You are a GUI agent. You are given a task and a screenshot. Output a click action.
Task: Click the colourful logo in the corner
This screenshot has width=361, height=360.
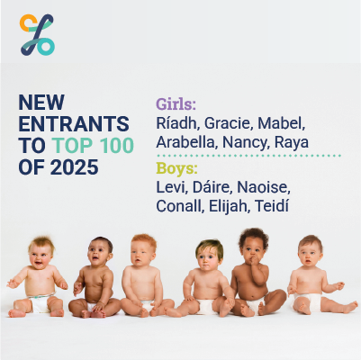(37, 34)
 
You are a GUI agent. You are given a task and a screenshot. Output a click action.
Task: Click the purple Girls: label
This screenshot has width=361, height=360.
(176, 102)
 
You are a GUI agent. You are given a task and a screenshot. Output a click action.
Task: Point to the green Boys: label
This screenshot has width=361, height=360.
(176, 167)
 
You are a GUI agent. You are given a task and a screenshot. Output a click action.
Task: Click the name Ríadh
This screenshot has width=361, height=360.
(176, 122)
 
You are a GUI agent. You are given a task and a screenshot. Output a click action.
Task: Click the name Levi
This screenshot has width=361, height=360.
(172, 187)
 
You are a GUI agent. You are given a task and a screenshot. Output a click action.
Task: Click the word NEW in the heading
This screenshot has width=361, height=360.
(42, 102)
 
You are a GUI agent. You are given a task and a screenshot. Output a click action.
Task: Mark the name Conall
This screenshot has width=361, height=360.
(183, 208)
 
